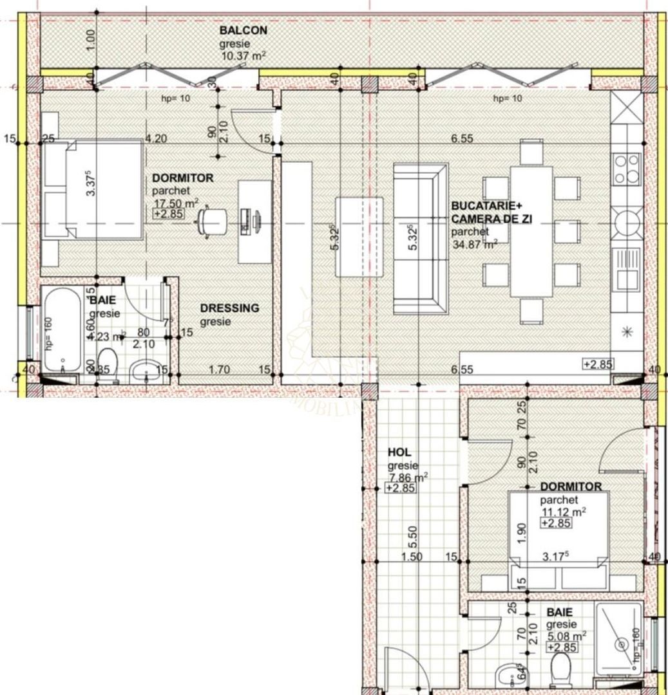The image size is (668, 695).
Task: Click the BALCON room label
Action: (243, 30)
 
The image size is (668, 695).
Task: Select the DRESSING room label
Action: (229, 308)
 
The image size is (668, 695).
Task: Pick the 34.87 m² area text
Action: (473, 243)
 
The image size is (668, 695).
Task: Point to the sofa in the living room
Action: (421, 237)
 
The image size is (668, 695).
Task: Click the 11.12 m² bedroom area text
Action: (563, 512)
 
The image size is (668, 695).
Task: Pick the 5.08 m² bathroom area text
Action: (566, 636)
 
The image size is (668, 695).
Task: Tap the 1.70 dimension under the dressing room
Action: (220, 369)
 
